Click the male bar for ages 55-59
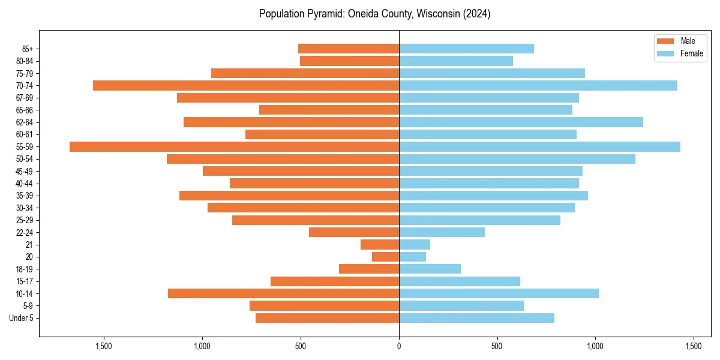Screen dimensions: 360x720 click(234, 146)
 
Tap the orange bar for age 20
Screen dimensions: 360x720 click(386, 257)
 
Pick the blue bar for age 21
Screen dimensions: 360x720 click(415, 244)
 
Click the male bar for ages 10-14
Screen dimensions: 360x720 click(283, 293)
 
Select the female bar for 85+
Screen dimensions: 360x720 click(466, 49)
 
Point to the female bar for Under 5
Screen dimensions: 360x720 click(476, 318)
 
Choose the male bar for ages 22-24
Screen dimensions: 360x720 click(354, 232)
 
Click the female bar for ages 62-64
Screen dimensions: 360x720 click(521, 122)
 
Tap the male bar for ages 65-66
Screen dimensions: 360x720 click(329, 110)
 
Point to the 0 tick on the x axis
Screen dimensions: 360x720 click(399, 346)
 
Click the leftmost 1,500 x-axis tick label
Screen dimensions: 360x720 click(104, 346)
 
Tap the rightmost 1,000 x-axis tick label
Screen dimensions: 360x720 click(595, 346)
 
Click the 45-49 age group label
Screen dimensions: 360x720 click(24, 171)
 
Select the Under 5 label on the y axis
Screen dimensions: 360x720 click(21, 318)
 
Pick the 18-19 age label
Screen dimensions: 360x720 click(24, 269)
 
